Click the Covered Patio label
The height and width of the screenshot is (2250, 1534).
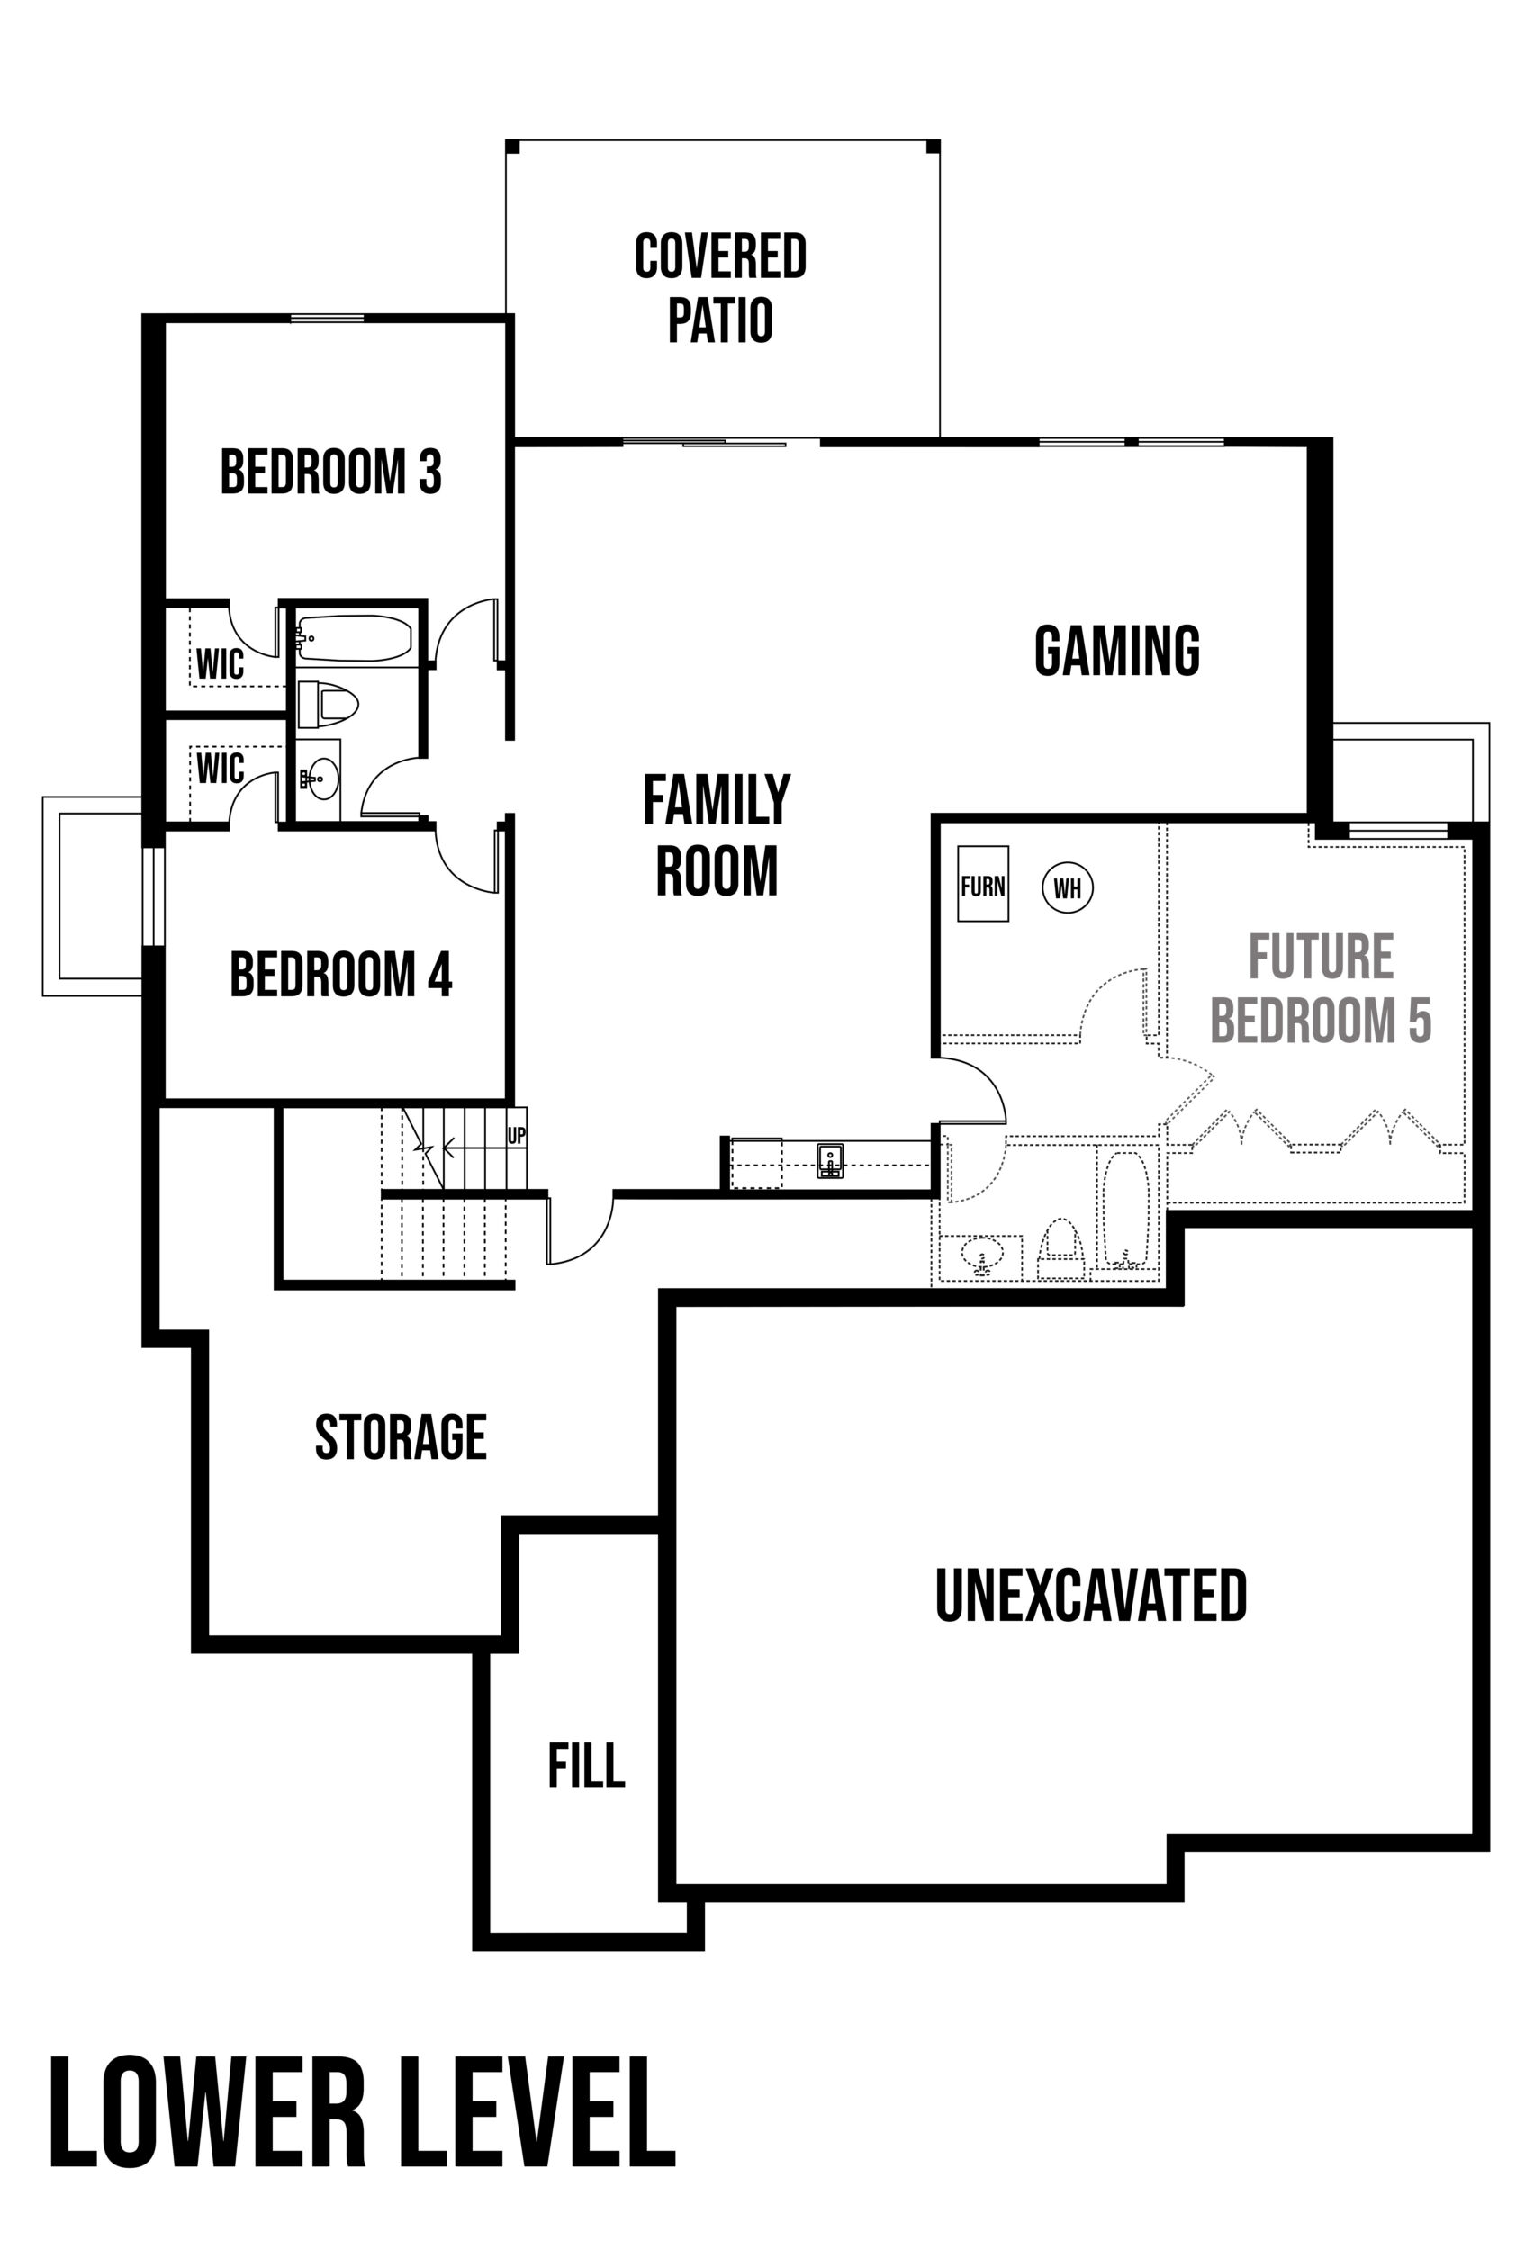pos(720,287)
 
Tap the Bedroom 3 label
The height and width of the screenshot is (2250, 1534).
pos(331,472)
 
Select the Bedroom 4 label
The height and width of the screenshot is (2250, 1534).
pos(341,974)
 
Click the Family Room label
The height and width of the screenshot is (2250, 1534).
pos(717,834)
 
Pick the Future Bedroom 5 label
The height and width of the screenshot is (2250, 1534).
pos(1321,988)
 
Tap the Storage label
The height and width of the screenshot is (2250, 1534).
pos(401,1436)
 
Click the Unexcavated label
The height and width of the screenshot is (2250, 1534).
pos(1090,1597)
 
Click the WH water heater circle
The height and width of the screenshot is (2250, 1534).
pos(1067,887)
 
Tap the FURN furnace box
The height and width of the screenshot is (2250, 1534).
pos(983,884)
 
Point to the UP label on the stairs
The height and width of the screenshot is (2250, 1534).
pos(516,1136)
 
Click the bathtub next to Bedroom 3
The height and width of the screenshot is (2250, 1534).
pos(355,638)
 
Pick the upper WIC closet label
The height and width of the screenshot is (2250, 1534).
pos(220,664)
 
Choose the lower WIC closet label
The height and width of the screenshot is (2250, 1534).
pos(220,769)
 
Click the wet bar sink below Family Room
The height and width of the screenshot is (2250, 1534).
pos(830,1160)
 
